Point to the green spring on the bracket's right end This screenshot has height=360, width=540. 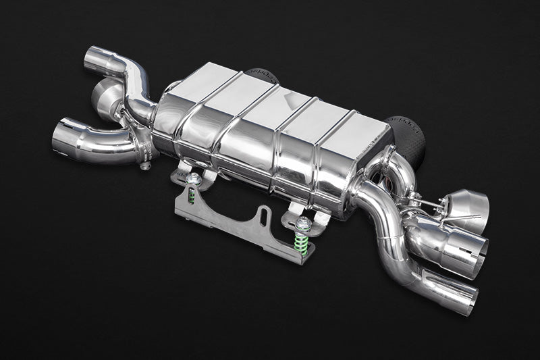point(302,244)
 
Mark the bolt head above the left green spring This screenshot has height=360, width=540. point(194,178)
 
